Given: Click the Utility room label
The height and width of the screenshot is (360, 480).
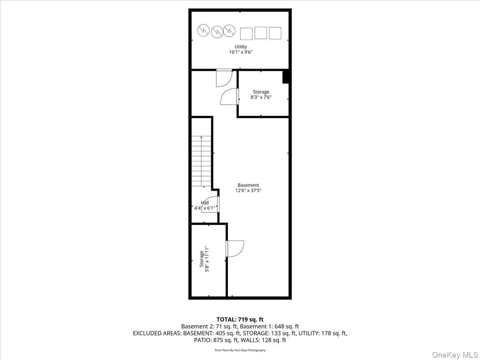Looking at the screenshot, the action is pyautogui.click(x=240, y=46).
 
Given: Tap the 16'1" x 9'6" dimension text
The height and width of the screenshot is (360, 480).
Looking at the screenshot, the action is pyautogui.click(x=241, y=52).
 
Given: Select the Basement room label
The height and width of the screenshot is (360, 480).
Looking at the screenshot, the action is pyautogui.click(x=248, y=185).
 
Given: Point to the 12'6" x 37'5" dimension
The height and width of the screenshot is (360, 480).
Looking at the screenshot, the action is pyautogui.click(x=248, y=190).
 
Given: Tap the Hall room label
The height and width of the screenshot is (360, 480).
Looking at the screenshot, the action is pyautogui.click(x=205, y=203).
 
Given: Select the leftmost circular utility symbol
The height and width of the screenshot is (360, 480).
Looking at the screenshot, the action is pyautogui.click(x=203, y=30).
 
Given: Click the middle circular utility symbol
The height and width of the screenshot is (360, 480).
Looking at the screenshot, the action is pyautogui.click(x=217, y=32).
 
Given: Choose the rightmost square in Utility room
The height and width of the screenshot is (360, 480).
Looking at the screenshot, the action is pyautogui.click(x=275, y=33).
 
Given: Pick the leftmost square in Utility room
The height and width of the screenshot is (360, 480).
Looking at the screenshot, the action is pyautogui.click(x=246, y=34).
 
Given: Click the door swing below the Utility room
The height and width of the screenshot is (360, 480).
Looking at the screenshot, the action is pyautogui.click(x=224, y=78).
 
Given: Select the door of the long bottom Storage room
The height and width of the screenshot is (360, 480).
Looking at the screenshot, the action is pyautogui.click(x=235, y=249).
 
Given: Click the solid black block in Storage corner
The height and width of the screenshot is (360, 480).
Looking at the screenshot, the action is pyautogui.click(x=286, y=77).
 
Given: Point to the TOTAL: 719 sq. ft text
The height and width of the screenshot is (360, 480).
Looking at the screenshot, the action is pyautogui.click(x=240, y=319).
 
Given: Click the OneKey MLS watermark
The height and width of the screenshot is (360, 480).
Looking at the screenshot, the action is pyautogui.click(x=455, y=354).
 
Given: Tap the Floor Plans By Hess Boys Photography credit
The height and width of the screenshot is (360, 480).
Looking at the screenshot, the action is pyautogui.click(x=240, y=350).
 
